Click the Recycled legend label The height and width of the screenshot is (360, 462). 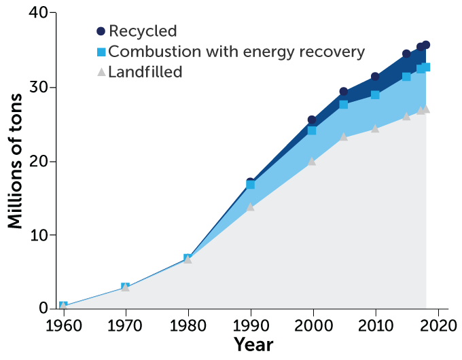143,31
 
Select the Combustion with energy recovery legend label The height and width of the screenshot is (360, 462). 236,52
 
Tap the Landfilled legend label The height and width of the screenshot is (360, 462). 145,71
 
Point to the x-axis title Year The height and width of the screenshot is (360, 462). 253,344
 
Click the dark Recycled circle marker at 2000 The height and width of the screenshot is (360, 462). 313,120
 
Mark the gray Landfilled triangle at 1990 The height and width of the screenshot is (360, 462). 250,206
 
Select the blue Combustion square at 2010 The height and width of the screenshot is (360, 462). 375,95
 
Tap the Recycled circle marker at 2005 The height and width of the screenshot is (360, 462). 344,92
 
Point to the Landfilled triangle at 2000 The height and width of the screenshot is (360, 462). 313,162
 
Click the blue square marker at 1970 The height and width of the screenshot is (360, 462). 125,287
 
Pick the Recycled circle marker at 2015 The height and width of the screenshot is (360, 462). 406,54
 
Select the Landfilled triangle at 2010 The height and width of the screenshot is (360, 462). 375,128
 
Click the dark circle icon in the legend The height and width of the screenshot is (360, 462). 101,31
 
